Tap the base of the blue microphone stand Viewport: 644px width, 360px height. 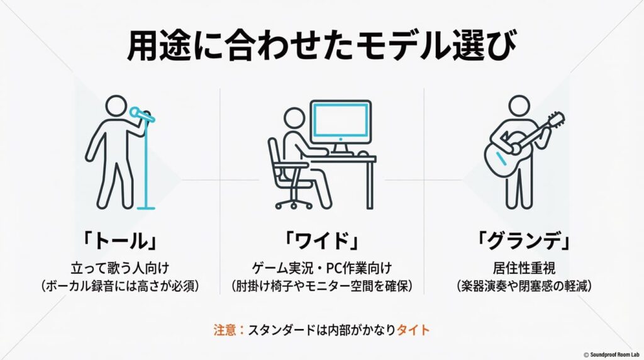tap(147, 206)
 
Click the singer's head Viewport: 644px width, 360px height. tap(116, 106)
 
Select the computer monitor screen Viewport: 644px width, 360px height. tap(341, 121)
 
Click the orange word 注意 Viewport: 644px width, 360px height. tap(225, 329)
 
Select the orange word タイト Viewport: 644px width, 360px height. tap(413, 329)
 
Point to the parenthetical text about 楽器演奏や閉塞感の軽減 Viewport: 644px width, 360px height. tap(525, 285)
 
